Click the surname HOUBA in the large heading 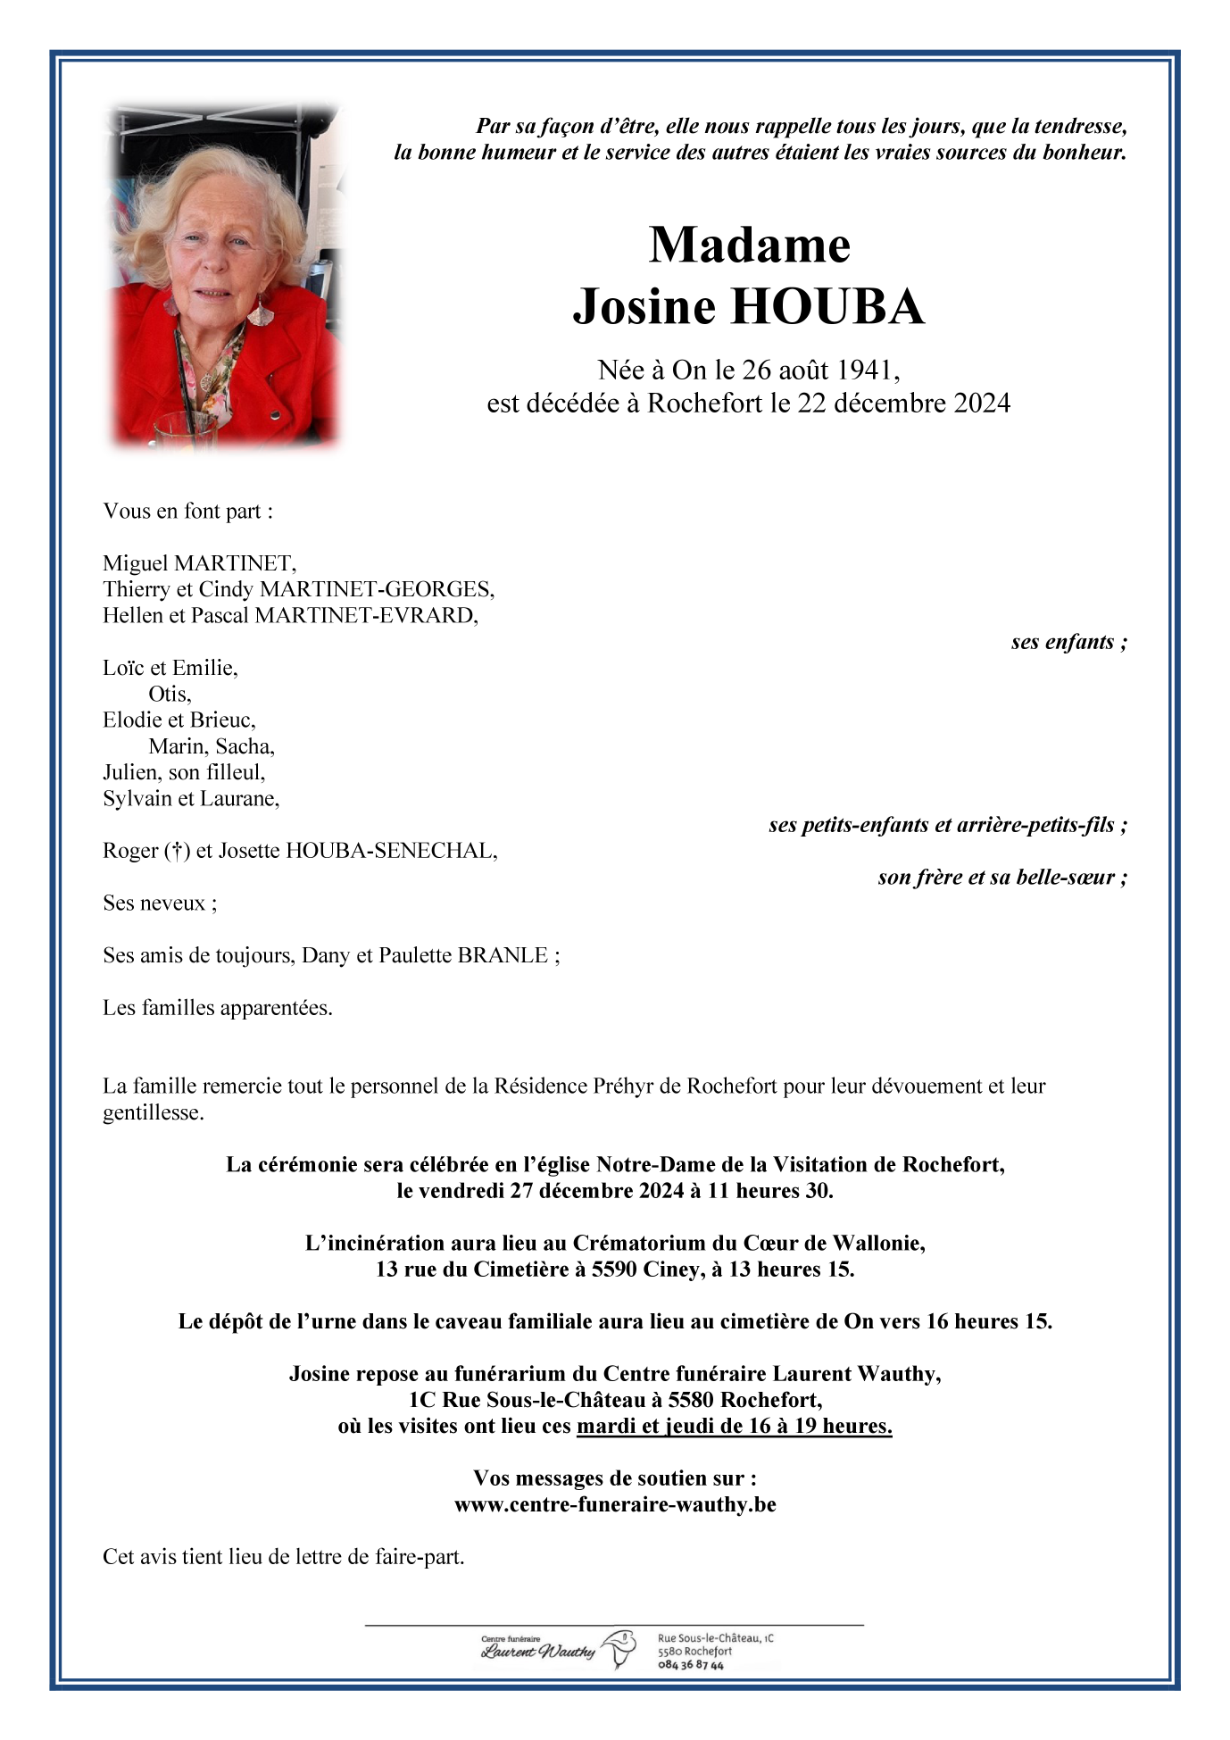coord(827,306)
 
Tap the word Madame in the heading coord(749,245)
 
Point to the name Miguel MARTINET coord(199,563)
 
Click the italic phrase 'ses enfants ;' coord(1068,642)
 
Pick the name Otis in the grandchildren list coord(169,694)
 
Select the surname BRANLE coord(503,955)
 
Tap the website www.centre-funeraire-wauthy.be coord(615,1504)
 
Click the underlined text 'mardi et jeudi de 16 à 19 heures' coord(734,1426)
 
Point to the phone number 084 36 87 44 coord(691,1665)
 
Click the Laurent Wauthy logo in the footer coord(558,1650)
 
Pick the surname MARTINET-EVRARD coord(366,615)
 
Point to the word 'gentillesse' coord(153,1112)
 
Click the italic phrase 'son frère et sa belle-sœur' coord(1001,878)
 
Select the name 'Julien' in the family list coord(130,772)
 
